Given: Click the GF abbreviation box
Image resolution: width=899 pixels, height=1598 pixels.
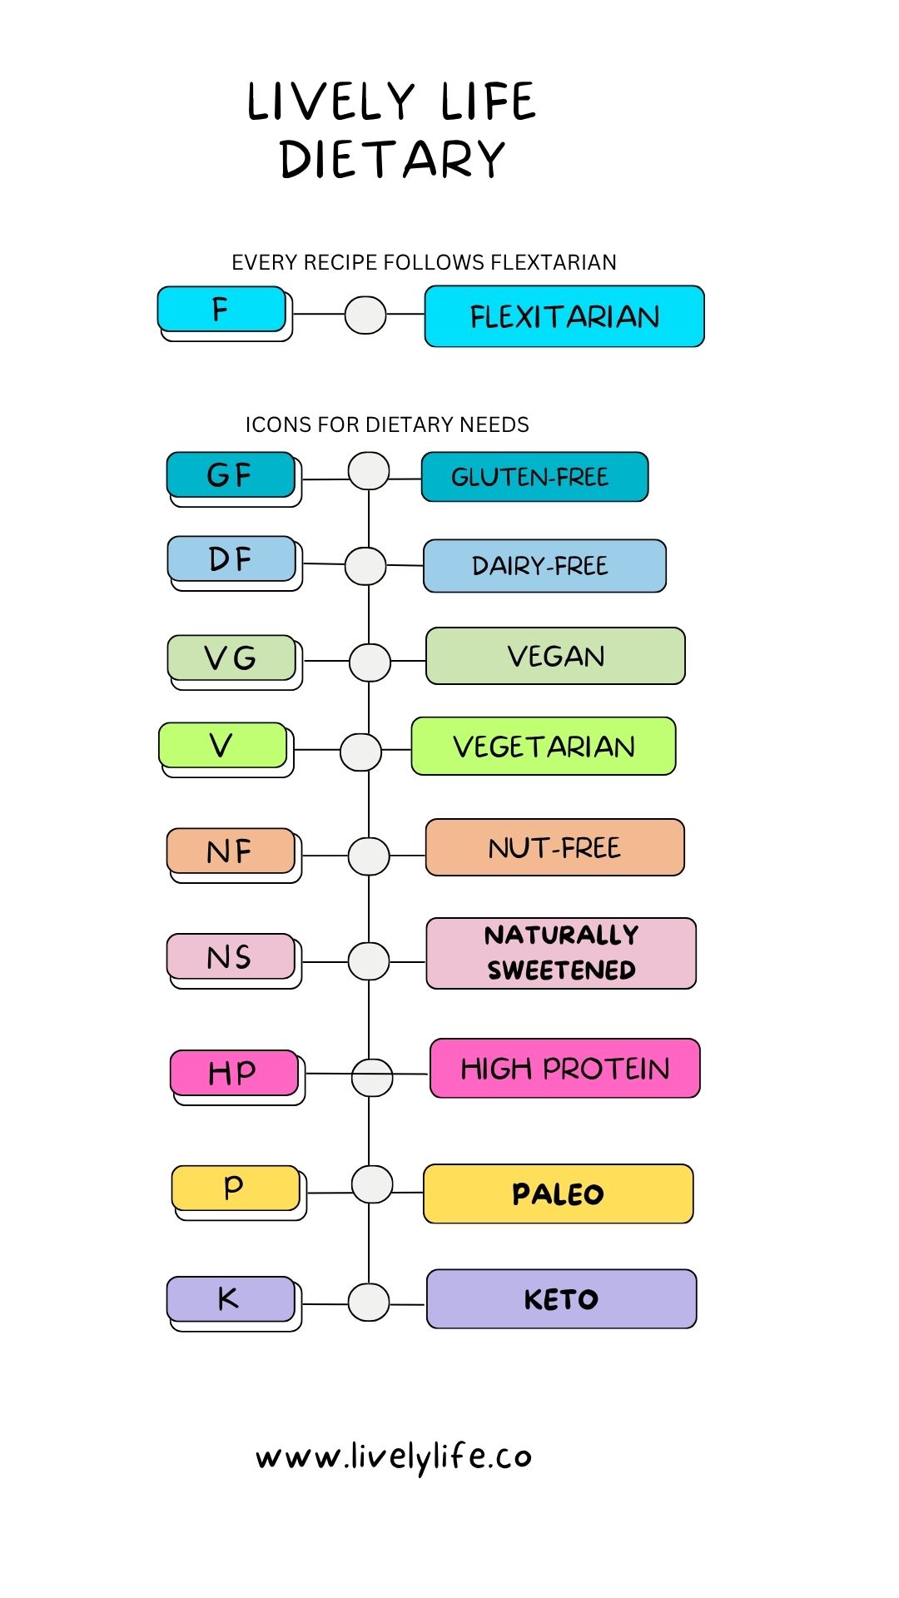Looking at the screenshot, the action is pos(231,475).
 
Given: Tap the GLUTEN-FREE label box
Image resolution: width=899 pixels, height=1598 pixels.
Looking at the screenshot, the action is pos(534,477).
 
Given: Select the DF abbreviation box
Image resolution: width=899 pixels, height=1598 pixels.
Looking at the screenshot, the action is pos(231,558).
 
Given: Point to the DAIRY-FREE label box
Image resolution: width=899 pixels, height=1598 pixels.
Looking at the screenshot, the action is pos(544,566).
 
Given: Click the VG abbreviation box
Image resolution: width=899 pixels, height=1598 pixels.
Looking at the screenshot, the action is pos(231,658).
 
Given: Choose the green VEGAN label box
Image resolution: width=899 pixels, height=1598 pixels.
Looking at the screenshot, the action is pos(555,656).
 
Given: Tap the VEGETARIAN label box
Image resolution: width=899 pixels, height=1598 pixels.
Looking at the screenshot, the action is pos(544,746).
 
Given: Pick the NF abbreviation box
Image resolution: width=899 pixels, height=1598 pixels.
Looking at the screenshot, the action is pos(231,851).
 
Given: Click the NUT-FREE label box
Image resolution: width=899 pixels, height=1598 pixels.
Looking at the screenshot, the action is pos(555,847).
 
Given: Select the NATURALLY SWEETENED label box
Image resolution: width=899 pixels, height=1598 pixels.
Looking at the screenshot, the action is pos(561,953).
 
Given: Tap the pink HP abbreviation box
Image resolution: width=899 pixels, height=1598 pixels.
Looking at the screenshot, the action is pos(234,1073).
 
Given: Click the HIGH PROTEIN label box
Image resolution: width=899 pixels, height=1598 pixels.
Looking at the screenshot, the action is pos(565,1069).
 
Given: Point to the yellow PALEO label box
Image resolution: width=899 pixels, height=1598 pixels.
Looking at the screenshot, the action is pos(559,1194).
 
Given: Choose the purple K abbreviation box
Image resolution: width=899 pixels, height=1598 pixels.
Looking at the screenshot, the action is pos(231,1299).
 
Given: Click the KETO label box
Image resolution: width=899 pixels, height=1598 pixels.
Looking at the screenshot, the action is pos(562,1299).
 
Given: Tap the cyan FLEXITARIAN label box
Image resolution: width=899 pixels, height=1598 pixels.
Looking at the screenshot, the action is pos(564,316).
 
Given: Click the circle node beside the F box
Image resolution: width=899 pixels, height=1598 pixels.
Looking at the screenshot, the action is pos(365,315).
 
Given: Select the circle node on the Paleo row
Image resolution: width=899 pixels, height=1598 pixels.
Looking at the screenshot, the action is pos(372,1184).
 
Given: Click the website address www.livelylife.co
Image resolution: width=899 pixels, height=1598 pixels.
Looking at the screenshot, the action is pos(394,1457).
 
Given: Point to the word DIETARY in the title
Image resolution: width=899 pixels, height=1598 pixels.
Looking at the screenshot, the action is pos(393,159).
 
